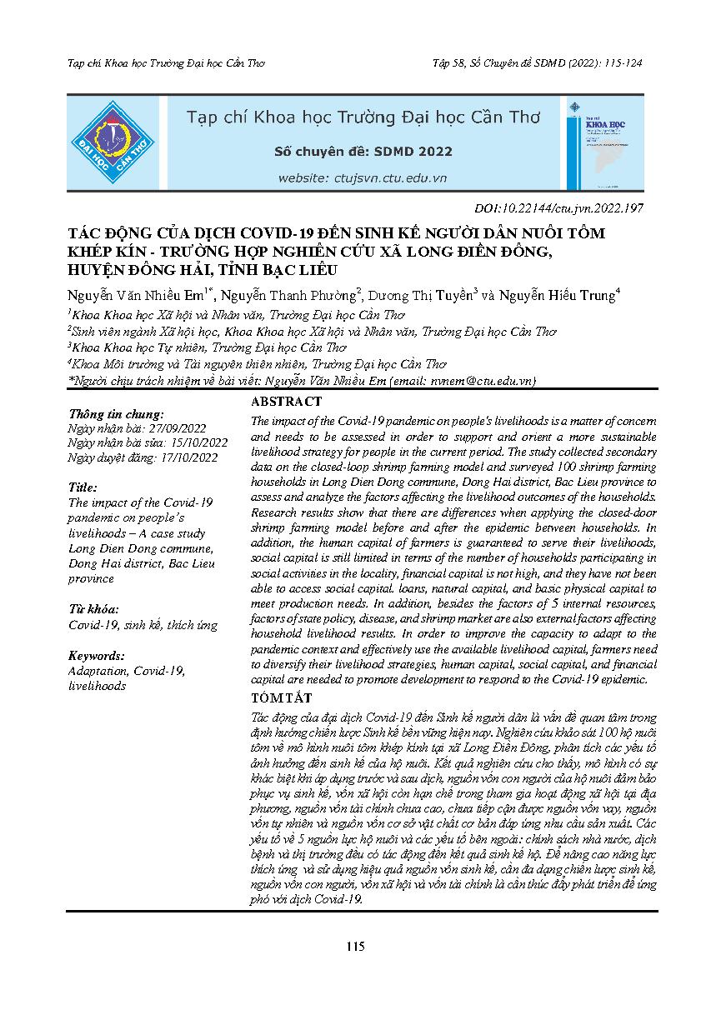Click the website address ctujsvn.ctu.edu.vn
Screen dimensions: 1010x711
363,177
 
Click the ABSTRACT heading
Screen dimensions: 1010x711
286,401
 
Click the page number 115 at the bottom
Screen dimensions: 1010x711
356,946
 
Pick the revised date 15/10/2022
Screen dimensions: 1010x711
195,442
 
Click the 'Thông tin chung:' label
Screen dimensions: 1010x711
116,413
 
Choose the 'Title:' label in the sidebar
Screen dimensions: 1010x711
83,487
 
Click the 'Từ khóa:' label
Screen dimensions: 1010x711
93,609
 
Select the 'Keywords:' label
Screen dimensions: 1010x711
97,656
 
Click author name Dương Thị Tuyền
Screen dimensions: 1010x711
425,294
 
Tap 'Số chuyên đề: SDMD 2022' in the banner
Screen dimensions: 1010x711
363,152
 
